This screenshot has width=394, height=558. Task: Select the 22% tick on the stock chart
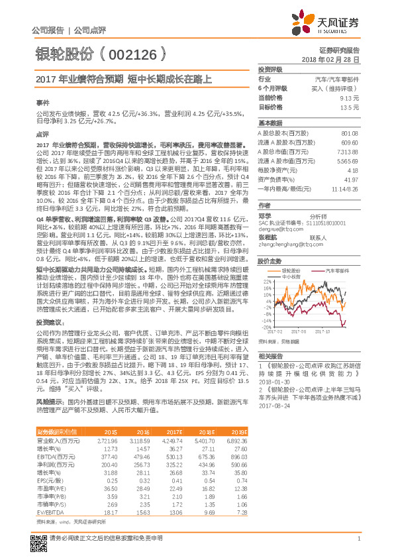[266, 280]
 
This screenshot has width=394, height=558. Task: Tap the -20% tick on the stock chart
[266, 327]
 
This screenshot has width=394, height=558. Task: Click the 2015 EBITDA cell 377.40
[108, 457]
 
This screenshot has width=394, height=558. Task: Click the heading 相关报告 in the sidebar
[271, 356]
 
